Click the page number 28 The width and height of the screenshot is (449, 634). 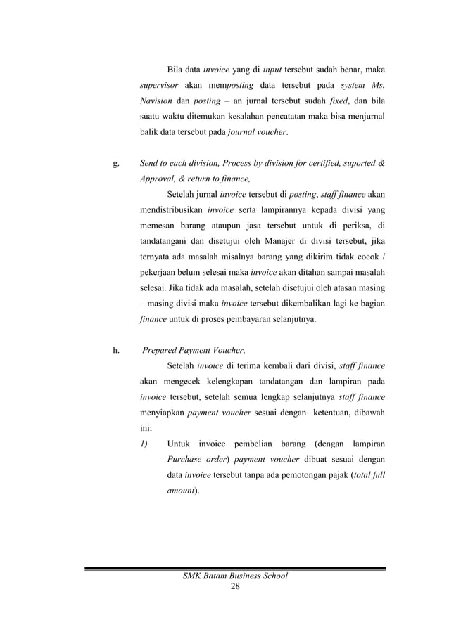(x=236, y=588)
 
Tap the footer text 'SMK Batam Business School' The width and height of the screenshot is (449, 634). (x=236, y=577)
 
